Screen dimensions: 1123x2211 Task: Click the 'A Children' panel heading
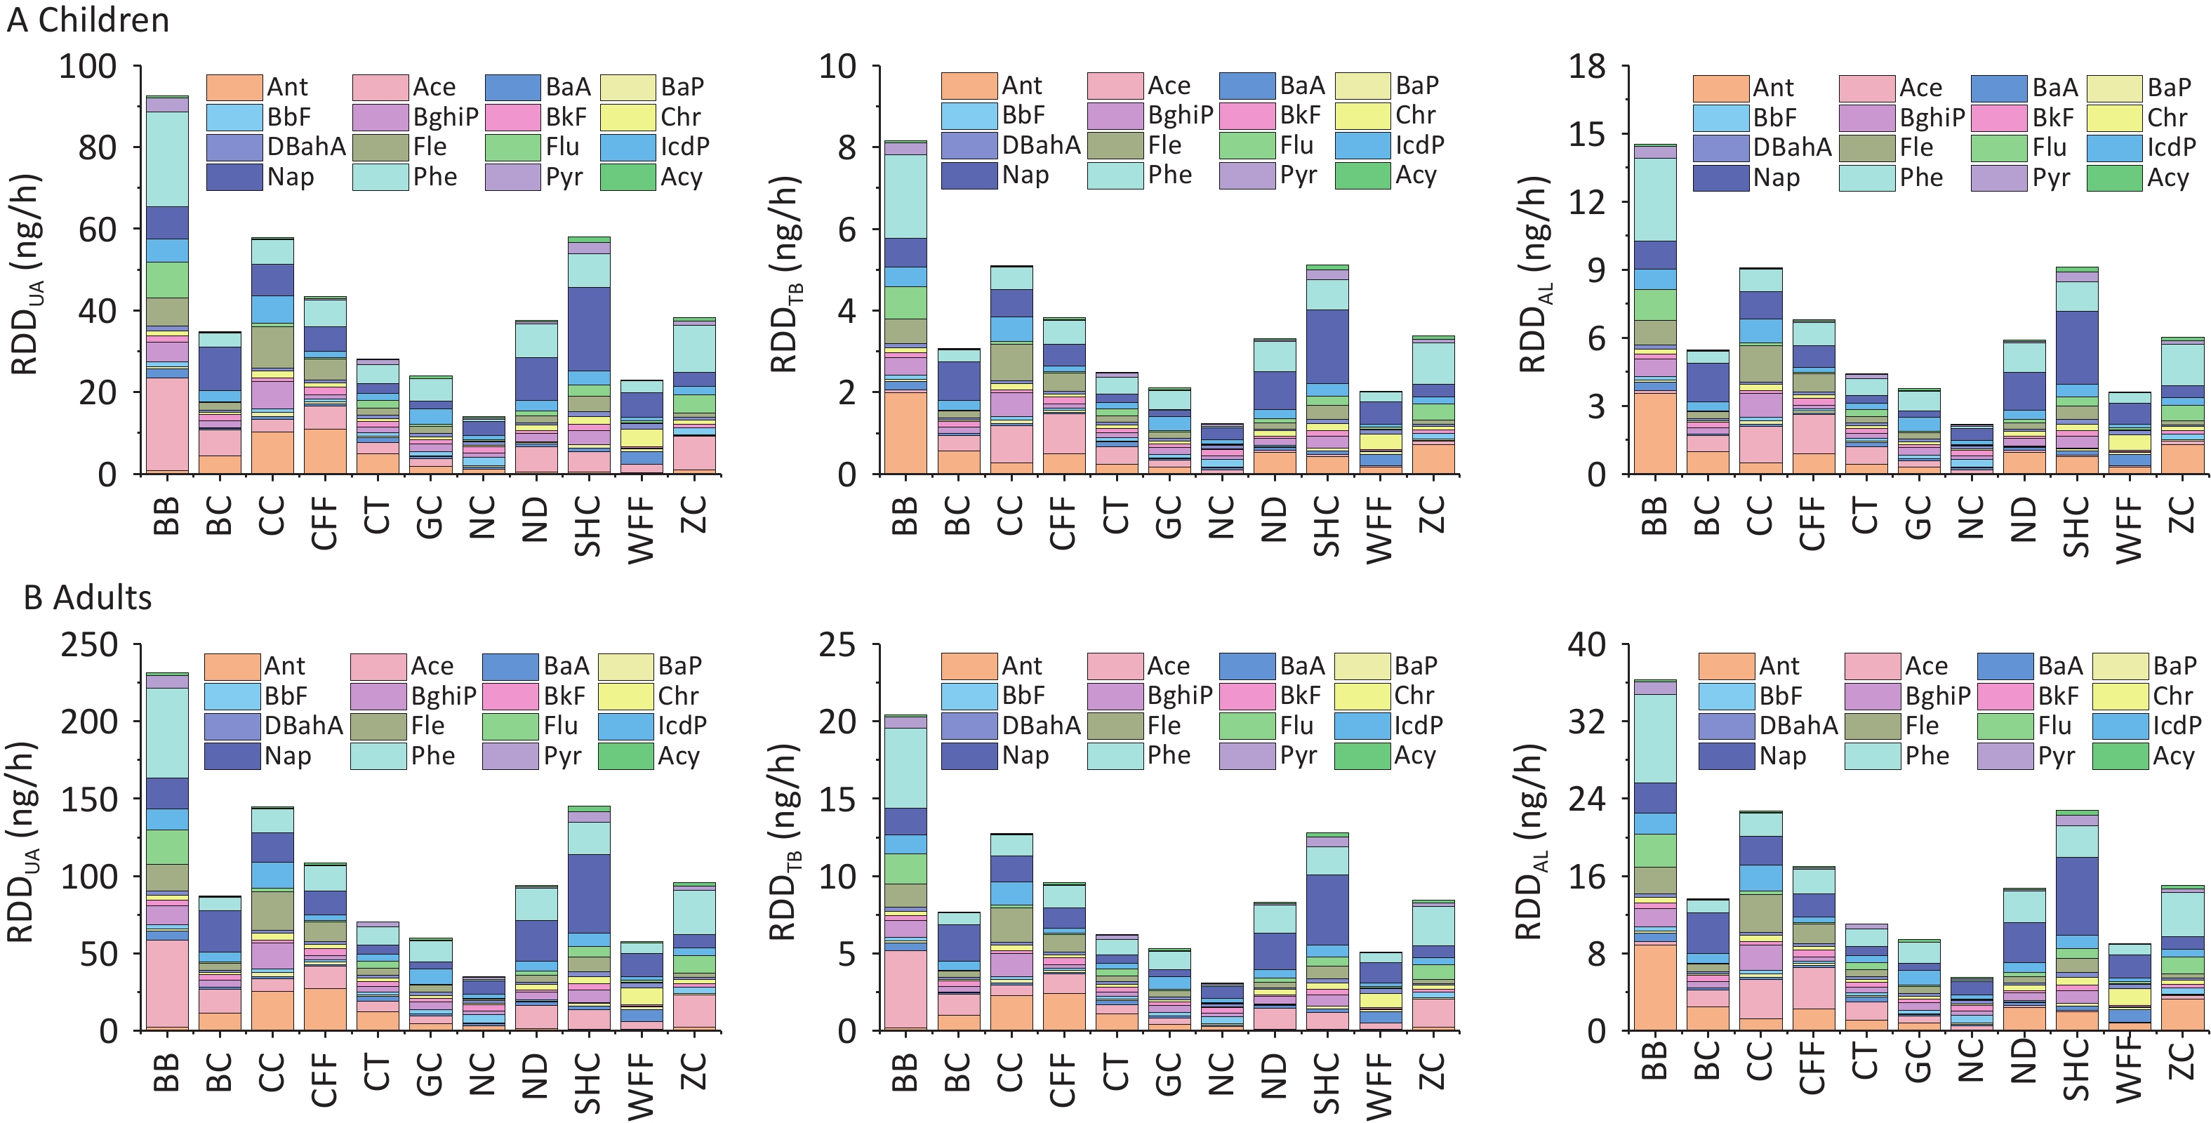pyautogui.click(x=88, y=20)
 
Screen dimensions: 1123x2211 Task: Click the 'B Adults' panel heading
pyautogui.click(x=88, y=597)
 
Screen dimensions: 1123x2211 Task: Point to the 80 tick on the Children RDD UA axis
pyautogui.click(x=97, y=147)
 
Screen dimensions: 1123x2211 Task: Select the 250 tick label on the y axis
pyautogui.click(x=88, y=645)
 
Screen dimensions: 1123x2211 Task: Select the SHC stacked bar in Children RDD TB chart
pyautogui.click(x=1327, y=369)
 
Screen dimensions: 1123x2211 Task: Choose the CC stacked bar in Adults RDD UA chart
pyautogui.click(x=272, y=919)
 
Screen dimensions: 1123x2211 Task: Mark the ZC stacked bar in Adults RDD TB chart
pyautogui.click(x=1433, y=965)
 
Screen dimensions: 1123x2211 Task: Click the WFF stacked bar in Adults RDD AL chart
pyautogui.click(x=2129, y=988)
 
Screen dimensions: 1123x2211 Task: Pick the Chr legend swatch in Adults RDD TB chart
pyautogui.click(x=1362, y=696)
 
